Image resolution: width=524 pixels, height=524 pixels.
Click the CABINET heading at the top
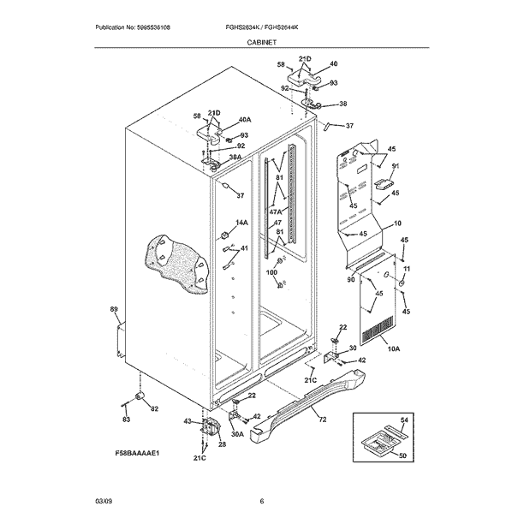coord(262,41)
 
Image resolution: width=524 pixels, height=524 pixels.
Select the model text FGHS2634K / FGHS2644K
coord(262,27)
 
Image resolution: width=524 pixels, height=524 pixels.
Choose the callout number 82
coord(154,409)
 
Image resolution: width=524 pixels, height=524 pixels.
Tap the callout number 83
coord(126,419)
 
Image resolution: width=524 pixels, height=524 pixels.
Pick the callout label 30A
coord(235,434)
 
